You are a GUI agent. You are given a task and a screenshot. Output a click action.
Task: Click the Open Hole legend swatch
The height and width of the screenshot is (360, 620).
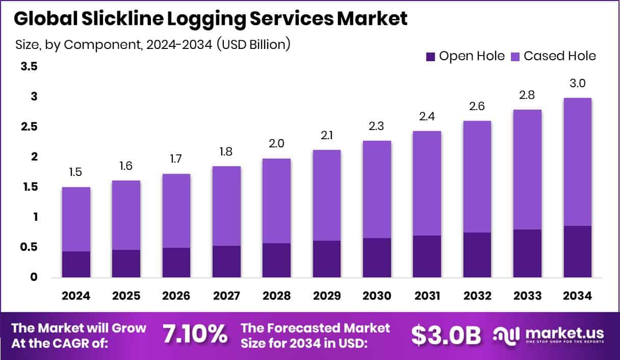click(430, 56)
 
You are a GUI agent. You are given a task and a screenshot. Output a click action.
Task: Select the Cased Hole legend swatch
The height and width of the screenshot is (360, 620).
click(515, 56)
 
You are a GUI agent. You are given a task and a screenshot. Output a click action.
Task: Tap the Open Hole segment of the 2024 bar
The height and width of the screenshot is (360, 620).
click(76, 264)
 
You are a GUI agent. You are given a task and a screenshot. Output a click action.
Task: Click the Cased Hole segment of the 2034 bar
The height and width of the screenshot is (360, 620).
click(577, 162)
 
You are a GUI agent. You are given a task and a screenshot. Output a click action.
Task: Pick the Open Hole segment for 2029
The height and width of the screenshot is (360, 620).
click(327, 259)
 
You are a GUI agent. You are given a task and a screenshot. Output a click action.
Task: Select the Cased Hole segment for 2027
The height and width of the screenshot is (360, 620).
click(227, 206)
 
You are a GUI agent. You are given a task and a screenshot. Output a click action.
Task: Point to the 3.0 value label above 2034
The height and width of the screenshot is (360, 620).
click(577, 84)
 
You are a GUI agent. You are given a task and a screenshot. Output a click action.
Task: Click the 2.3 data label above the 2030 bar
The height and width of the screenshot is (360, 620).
click(377, 126)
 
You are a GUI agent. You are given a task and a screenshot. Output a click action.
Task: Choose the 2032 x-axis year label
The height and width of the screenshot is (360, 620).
click(477, 296)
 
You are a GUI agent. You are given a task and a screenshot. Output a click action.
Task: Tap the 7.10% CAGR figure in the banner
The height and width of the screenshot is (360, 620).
click(195, 335)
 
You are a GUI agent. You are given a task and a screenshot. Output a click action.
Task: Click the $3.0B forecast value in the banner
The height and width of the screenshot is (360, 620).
click(446, 335)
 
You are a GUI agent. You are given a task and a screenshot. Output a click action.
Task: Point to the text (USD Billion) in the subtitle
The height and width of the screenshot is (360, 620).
click(253, 44)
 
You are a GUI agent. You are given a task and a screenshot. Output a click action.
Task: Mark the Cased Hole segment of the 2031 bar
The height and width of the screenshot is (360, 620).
click(427, 183)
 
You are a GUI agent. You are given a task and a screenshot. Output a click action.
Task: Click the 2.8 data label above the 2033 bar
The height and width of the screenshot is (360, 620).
click(527, 95)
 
